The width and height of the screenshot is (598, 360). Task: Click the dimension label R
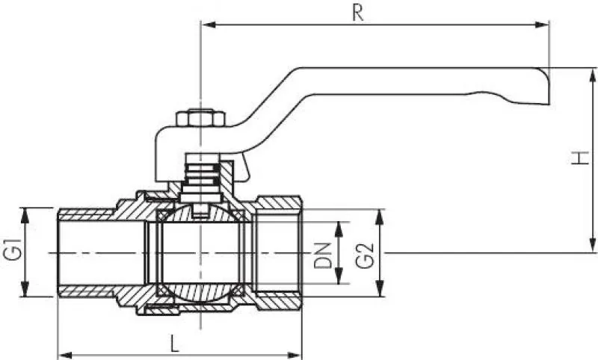(359, 13)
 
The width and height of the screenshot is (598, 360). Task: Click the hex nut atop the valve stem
(200, 120)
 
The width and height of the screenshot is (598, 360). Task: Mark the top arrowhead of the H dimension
(593, 73)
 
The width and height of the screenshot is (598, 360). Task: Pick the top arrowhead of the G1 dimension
(26, 213)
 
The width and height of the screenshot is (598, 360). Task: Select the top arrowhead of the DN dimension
(339, 226)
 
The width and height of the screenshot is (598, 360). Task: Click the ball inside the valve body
(200, 254)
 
